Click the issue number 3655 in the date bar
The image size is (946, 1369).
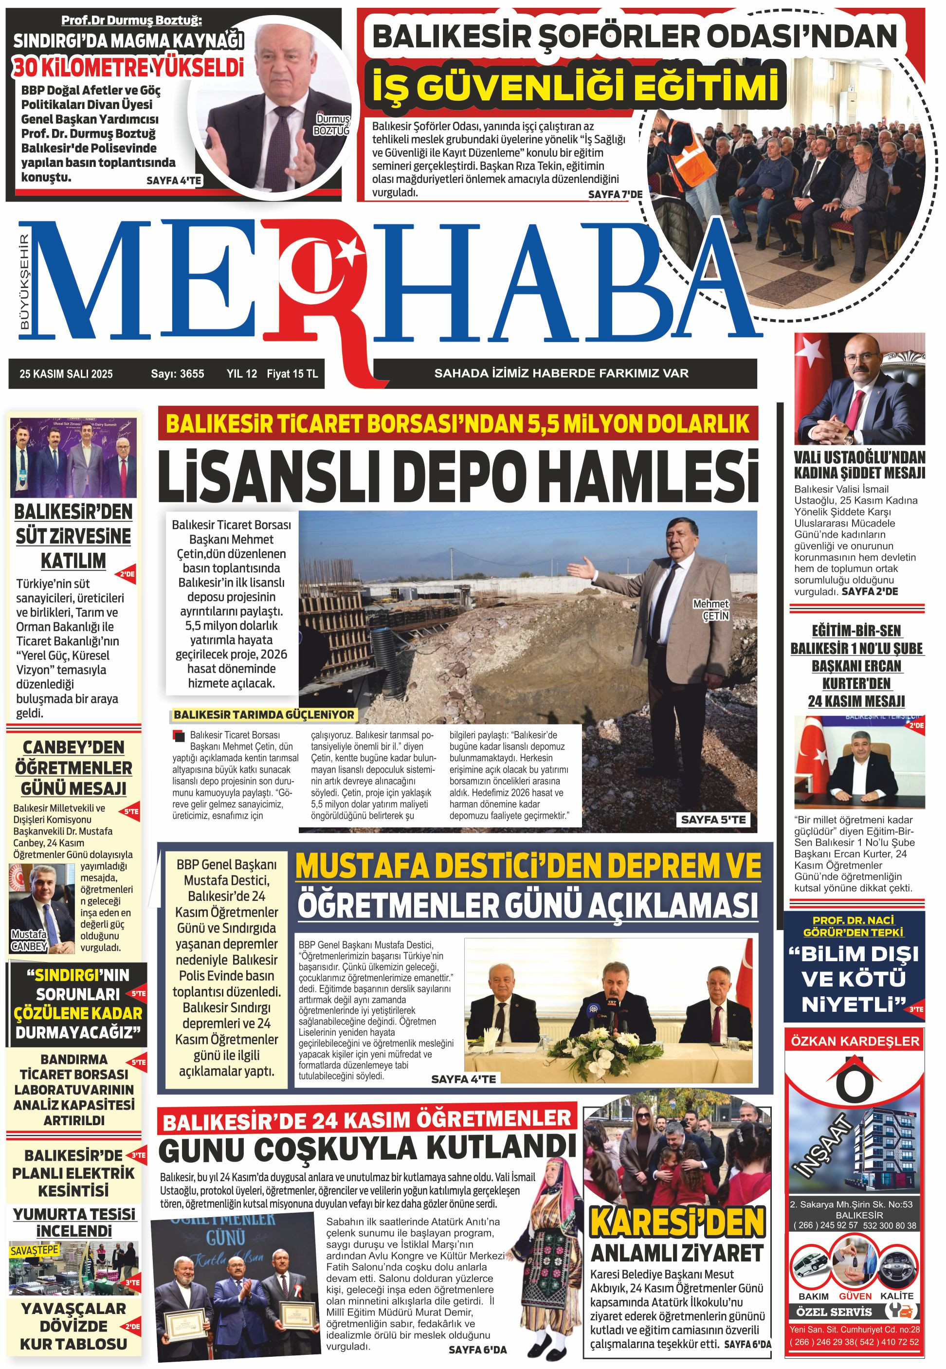click(x=191, y=374)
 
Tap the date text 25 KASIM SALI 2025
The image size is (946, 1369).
click(x=66, y=374)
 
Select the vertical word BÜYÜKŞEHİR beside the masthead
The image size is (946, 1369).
click(x=24, y=281)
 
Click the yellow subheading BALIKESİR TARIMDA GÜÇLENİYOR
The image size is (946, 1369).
click(x=264, y=715)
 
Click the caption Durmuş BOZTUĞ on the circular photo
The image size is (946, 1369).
click(x=332, y=125)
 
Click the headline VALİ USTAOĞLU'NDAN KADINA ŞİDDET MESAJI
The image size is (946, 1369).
click(x=859, y=465)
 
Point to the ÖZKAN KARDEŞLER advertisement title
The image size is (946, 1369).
click(x=855, y=1041)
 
